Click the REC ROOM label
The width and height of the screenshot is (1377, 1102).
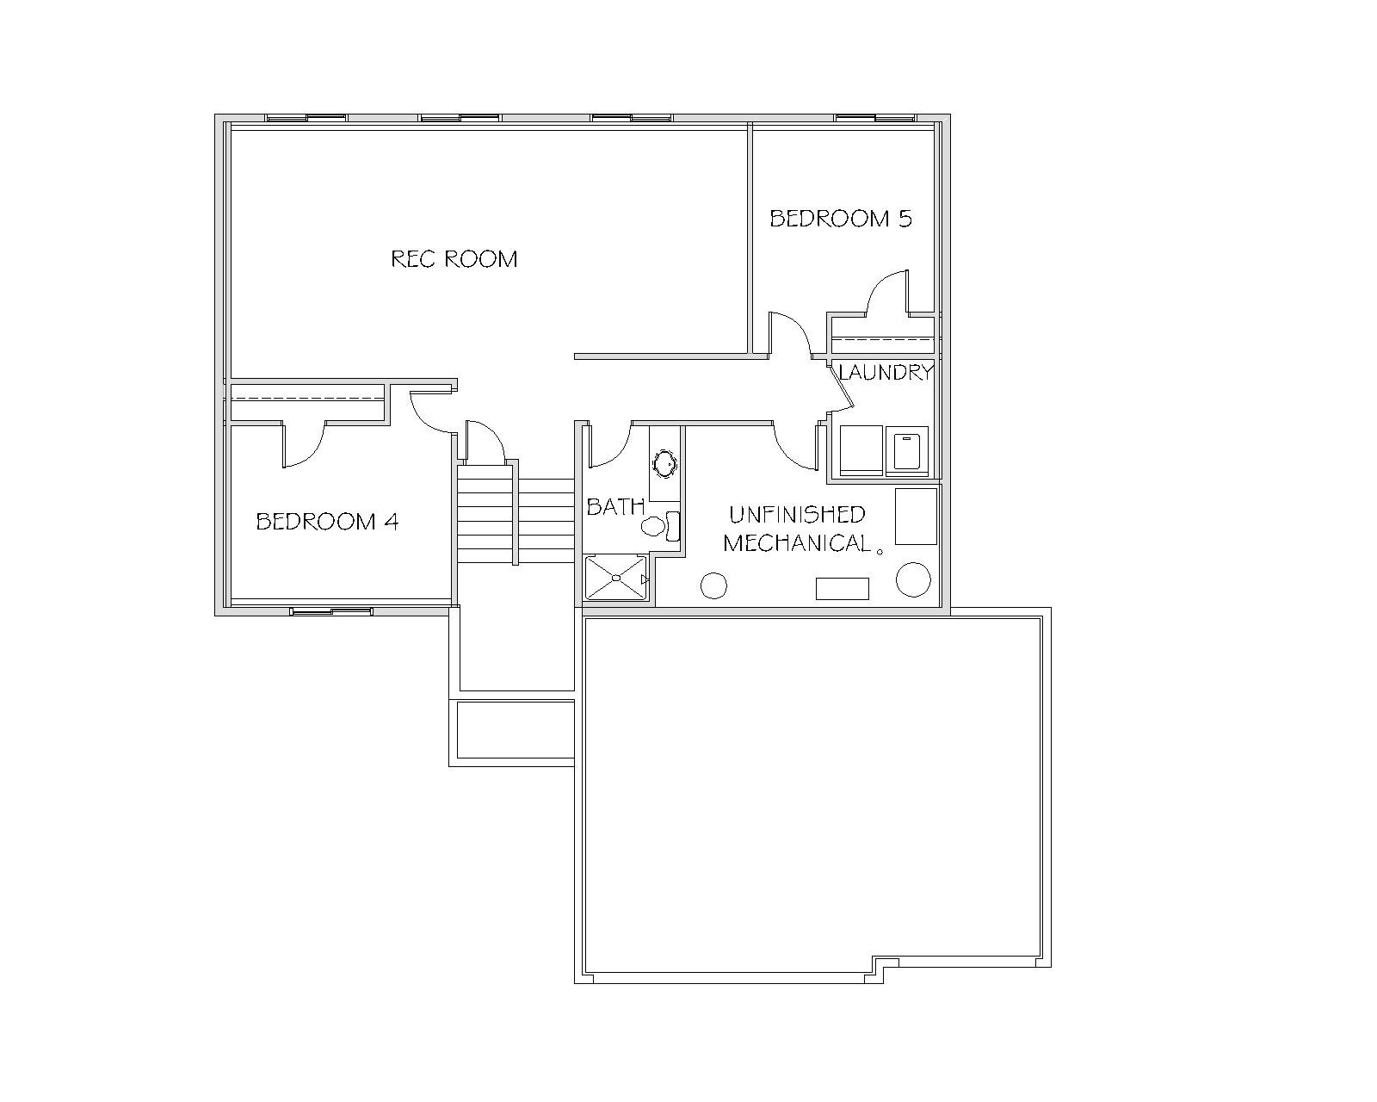[454, 258]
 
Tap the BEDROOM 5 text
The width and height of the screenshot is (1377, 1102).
[840, 219]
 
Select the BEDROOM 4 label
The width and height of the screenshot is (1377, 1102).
[327, 521]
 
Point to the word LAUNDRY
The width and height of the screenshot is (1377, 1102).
[886, 372]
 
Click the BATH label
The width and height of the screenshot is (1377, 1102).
[615, 506]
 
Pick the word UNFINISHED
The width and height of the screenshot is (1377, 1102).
[797, 514]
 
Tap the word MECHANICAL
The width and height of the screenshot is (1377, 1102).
[797, 543]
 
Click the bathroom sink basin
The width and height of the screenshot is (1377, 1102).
[664, 463]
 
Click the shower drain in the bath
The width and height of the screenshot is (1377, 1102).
[615, 578]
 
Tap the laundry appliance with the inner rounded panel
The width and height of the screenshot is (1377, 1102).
[907, 451]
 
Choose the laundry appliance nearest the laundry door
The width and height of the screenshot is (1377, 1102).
[861, 451]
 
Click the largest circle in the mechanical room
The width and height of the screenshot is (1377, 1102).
[913, 579]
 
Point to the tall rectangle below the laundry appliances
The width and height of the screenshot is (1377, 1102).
[916, 516]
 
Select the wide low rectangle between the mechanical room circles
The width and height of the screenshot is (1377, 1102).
[842, 589]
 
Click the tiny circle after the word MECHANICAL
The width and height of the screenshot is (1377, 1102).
[880, 551]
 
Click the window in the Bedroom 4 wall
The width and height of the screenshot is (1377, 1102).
[330, 611]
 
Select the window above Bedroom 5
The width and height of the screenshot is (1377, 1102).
[875, 118]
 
